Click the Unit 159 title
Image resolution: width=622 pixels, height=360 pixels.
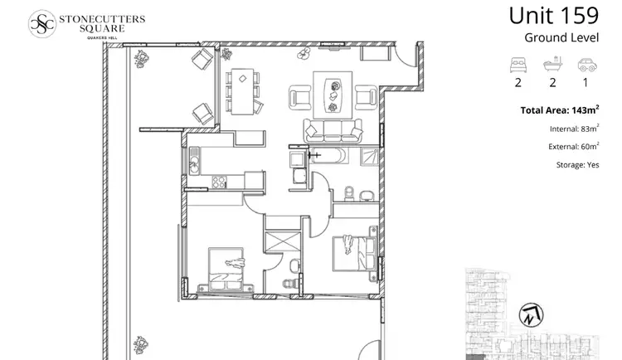tap(554, 17)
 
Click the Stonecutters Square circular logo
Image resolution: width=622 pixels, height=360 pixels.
tap(42, 22)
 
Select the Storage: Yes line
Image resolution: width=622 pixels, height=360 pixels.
tap(577, 165)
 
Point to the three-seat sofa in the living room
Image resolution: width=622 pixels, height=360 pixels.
tap(333, 130)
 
